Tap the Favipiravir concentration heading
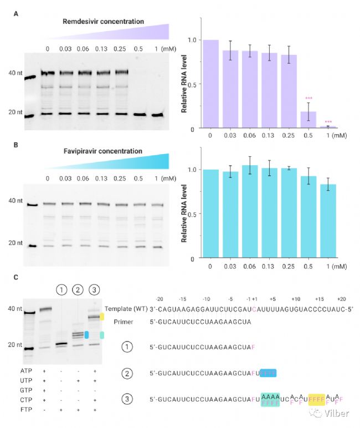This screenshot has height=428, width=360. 104,151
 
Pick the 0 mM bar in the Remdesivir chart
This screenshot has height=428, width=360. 210,84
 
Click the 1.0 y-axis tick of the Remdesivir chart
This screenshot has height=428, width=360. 192,40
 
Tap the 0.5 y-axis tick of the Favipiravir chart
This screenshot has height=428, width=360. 192,214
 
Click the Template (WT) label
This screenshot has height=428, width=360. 126,309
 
